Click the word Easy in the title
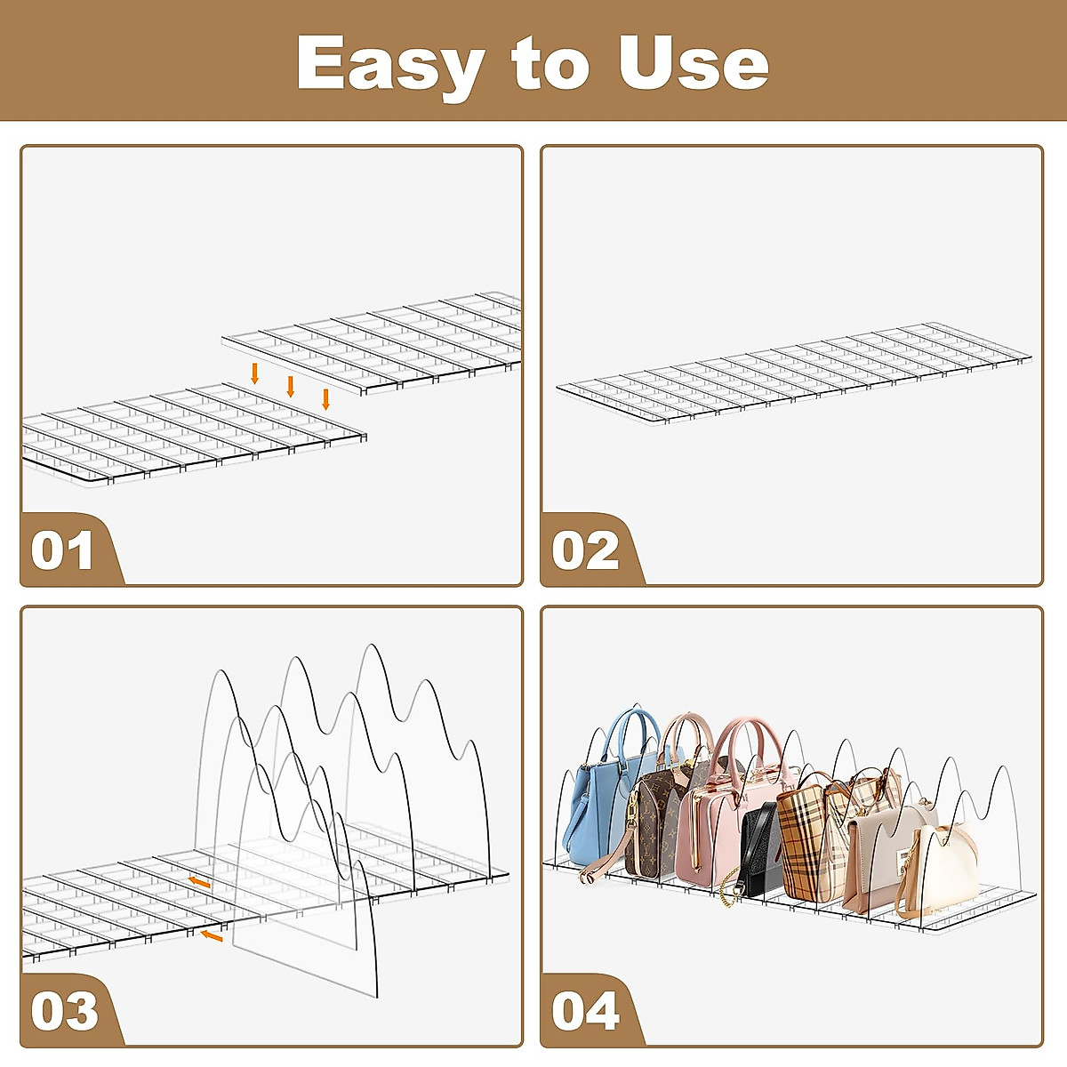(x=391, y=64)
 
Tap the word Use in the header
(x=694, y=64)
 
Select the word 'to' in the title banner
(x=550, y=64)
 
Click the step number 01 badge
(x=62, y=550)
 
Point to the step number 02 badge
(x=584, y=550)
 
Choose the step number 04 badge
(x=584, y=1011)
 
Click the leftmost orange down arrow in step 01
(x=255, y=373)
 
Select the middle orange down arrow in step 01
(x=291, y=386)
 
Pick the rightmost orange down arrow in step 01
(x=325, y=398)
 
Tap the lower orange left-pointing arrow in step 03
(x=212, y=935)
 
